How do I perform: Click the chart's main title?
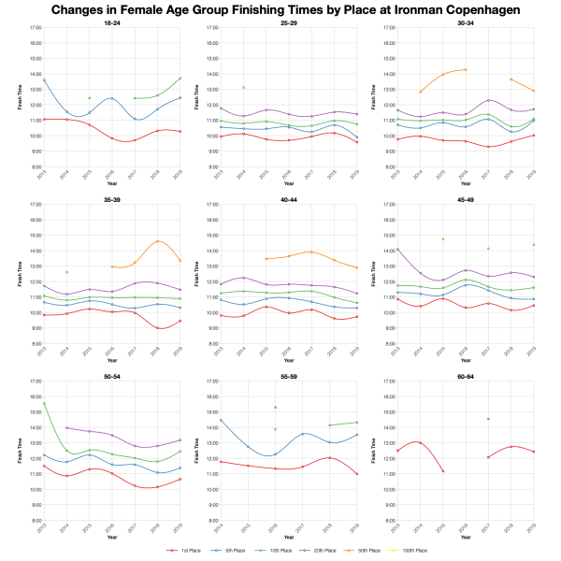tap(280, 10)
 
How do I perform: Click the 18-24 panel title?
tap(111, 22)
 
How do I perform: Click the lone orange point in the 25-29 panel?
tap(243, 87)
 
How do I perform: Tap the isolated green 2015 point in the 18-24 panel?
tap(89, 97)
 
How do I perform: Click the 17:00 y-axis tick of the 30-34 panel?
tap(385, 28)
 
